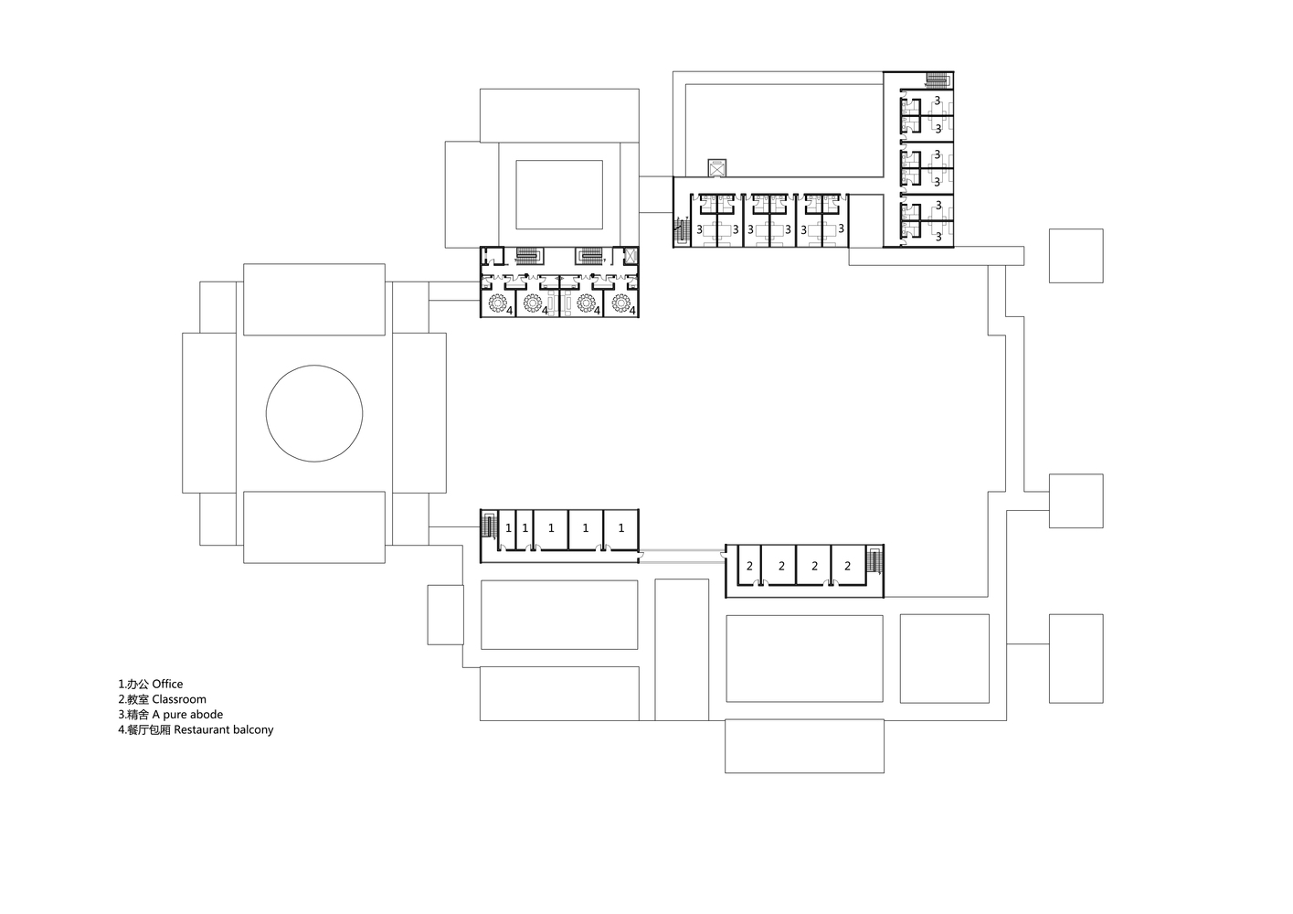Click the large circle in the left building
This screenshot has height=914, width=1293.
pos(314,414)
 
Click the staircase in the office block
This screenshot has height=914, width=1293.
pos(488,526)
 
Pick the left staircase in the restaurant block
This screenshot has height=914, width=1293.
pos(528,255)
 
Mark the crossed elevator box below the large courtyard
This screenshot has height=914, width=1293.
pos(716,167)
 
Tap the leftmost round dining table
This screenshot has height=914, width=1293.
pos(498,302)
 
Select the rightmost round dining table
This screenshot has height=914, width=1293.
pos(622,302)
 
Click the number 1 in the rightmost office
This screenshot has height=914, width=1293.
pos(621,527)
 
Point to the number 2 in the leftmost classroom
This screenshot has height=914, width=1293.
pos(749,566)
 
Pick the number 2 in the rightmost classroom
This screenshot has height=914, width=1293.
pos(847,566)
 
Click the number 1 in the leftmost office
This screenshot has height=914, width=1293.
pos(508,527)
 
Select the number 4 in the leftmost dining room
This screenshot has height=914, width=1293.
pos(509,311)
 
